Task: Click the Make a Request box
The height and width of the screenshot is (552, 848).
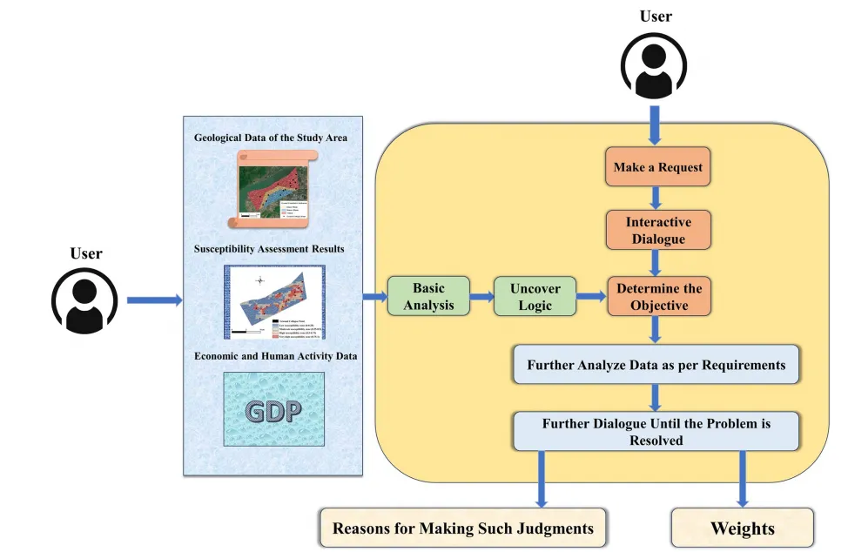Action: pyautogui.click(x=658, y=167)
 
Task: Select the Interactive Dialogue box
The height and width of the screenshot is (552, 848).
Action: pyautogui.click(x=658, y=230)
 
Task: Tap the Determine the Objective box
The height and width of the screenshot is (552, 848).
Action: pyautogui.click(x=659, y=296)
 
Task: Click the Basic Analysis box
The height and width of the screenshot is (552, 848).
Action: pyautogui.click(x=428, y=296)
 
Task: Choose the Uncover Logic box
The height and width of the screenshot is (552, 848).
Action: pyautogui.click(x=535, y=296)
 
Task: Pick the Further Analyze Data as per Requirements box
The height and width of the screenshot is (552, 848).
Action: pyautogui.click(x=656, y=364)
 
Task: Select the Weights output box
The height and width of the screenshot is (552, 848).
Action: pyautogui.click(x=743, y=528)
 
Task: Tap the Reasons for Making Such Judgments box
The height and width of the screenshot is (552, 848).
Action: pyautogui.click(x=462, y=528)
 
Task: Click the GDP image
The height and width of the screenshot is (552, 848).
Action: pyautogui.click(x=273, y=410)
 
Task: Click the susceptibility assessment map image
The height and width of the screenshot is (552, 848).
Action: pyautogui.click(x=273, y=301)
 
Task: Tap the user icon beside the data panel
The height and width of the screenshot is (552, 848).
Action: pyautogui.click(x=85, y=300)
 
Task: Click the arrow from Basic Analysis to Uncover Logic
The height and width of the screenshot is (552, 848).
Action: pyautogui.click(x=481, y=297)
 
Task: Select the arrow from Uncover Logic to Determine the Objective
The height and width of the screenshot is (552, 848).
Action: pyautogui.click(x=591, y=297)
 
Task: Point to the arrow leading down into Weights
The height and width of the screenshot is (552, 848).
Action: pyautogui.click(x=743, y=478)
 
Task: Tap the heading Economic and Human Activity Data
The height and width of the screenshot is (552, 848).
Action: pyautogui.click(x=275, y=356)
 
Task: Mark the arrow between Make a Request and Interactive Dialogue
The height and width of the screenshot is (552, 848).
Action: pyautogui.click(x=658, y=197)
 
